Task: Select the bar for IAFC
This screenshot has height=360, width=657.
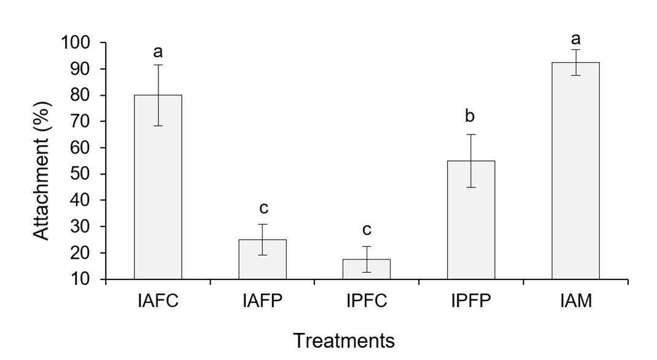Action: pyautogui.click(x=158, y=197)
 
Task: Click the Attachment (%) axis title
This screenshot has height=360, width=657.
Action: pyautogui.click(x=43, y=162)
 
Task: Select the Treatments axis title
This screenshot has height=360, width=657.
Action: pyautogui.click(x=344, y=340)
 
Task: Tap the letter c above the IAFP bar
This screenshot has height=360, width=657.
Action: pyautogui.click(x=262, y=208)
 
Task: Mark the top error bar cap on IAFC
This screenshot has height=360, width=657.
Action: pyautogui.click(x=158, y=65)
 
